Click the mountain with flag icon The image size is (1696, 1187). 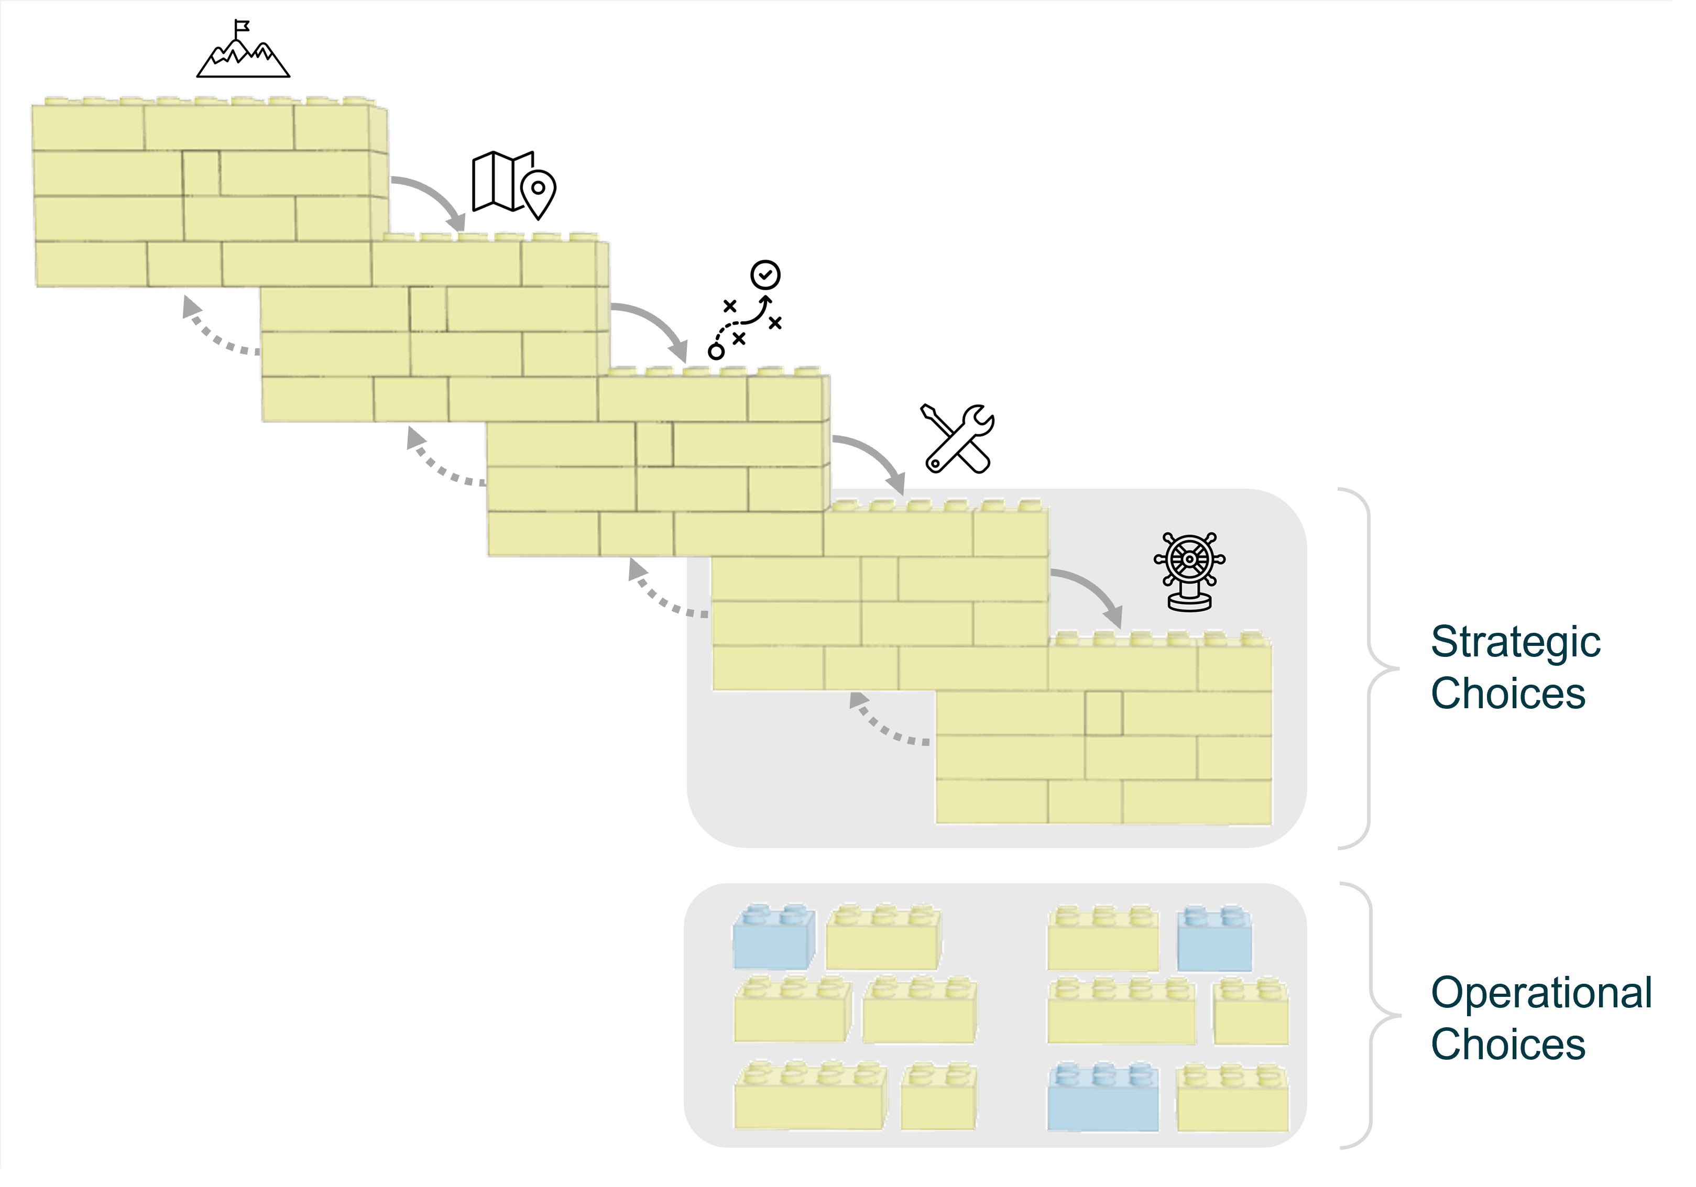[243, 53]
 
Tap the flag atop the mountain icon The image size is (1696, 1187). [241, 27]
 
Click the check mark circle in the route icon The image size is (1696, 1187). [765, 275]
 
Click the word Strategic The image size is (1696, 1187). [1515, 641]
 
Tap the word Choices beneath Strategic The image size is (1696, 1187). [1507, 694]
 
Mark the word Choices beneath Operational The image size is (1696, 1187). [1507, 1045]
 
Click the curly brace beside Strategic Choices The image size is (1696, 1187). [1366, 668]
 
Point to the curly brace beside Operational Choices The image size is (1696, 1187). [1368, 1016]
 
